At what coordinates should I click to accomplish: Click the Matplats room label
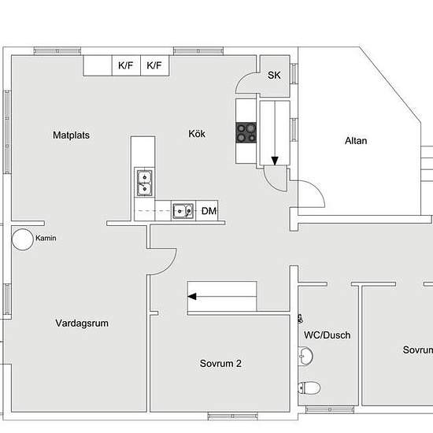tap(71, 135)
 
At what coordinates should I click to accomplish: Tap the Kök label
tap(197, 134)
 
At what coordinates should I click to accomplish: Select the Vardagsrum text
tap(82, 323)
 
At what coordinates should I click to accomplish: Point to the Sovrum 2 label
tap(220, 364)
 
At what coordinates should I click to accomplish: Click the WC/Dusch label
tap(328, 335)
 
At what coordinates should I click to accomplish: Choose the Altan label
tap(356, 141)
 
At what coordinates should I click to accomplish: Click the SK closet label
tap(274, 75)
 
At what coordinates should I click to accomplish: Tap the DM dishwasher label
tap(209, 211)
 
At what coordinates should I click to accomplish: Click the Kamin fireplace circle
tap(23, 239)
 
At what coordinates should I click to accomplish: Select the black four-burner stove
tap(246, 133)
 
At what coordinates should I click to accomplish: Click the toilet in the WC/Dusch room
tap(309, 387)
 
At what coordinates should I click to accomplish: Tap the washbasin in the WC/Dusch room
tap(305, 356)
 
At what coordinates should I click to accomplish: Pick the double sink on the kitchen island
tap(144, 183)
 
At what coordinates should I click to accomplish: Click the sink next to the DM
tap(183, 211)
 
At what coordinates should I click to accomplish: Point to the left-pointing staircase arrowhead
tap(192, 297)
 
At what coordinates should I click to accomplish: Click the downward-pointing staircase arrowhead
tap(275, 161)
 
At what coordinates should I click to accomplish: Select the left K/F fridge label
tap(126, 65)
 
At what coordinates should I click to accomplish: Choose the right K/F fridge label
tap(154, 65)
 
